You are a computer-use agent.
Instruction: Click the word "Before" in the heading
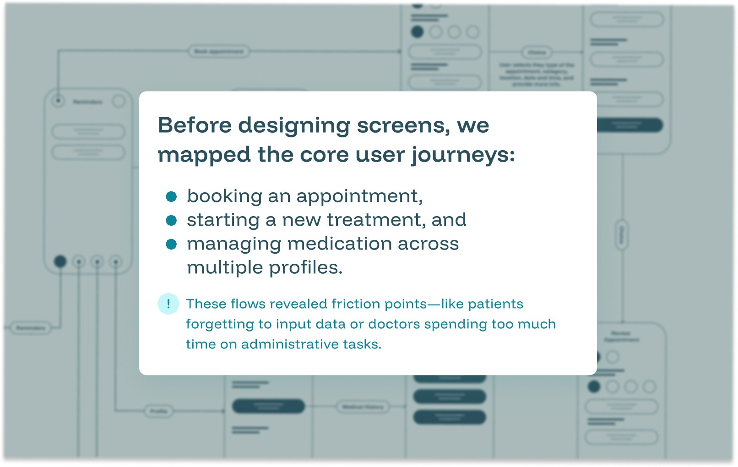195,125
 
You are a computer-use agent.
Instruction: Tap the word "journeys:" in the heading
463,155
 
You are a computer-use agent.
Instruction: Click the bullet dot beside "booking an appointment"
171,196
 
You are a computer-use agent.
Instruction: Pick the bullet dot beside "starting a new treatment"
171,221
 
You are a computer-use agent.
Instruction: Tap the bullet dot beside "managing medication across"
171,244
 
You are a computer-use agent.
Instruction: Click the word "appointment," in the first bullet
359,196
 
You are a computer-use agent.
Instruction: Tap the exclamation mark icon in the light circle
168,304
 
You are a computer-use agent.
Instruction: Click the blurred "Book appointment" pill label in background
219,51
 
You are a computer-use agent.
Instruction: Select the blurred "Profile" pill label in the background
158,411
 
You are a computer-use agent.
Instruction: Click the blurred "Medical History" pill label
363,407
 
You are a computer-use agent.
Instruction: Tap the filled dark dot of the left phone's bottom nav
60,261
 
